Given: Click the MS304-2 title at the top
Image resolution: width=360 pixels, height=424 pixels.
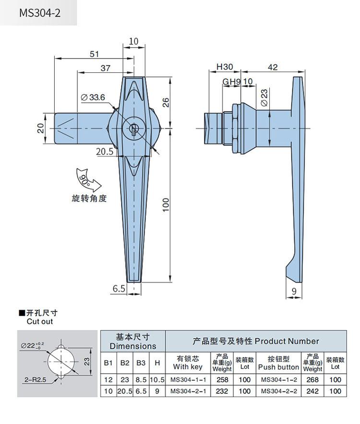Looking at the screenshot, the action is (40, 13).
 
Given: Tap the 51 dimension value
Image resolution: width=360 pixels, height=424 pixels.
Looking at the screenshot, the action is (94, 54).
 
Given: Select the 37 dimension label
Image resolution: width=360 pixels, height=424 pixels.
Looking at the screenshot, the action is (105, 68).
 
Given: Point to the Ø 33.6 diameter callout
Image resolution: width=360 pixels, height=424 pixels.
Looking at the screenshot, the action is (93, 97).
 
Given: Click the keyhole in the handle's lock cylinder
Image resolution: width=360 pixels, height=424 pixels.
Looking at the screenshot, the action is (133, 129).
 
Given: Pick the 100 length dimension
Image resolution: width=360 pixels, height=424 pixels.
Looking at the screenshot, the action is (166, 205).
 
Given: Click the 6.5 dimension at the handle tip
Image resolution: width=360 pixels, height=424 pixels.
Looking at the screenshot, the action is (119, 289).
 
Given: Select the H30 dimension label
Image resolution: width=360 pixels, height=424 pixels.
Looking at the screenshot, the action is (225, 67).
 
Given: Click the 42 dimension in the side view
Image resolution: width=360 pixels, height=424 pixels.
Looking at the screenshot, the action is (273, 67).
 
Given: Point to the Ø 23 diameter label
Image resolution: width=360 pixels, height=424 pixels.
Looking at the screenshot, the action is (264, 98).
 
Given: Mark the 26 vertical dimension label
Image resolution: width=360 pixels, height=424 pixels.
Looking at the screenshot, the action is (166, 103).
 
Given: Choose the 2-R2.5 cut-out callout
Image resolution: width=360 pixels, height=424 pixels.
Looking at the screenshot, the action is (35, 380).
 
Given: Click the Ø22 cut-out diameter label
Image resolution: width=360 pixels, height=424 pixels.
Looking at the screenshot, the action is (32, 346).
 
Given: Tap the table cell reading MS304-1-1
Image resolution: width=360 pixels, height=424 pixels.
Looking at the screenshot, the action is (188, 380).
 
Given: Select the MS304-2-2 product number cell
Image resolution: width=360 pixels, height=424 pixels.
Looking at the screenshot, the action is (279, 391).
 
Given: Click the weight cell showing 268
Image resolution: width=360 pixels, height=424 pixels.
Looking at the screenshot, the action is (312, 380).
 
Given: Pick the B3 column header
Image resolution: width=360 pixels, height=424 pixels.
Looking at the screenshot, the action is (141, 363).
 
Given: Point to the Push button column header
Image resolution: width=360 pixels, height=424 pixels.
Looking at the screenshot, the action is (278, 367).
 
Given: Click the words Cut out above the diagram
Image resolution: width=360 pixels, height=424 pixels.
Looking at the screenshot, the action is (40, 321).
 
